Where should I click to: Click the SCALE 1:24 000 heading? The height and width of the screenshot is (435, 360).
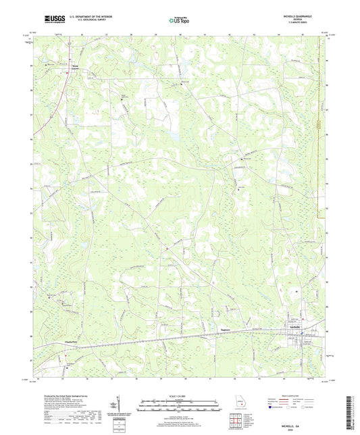pos(179,396)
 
